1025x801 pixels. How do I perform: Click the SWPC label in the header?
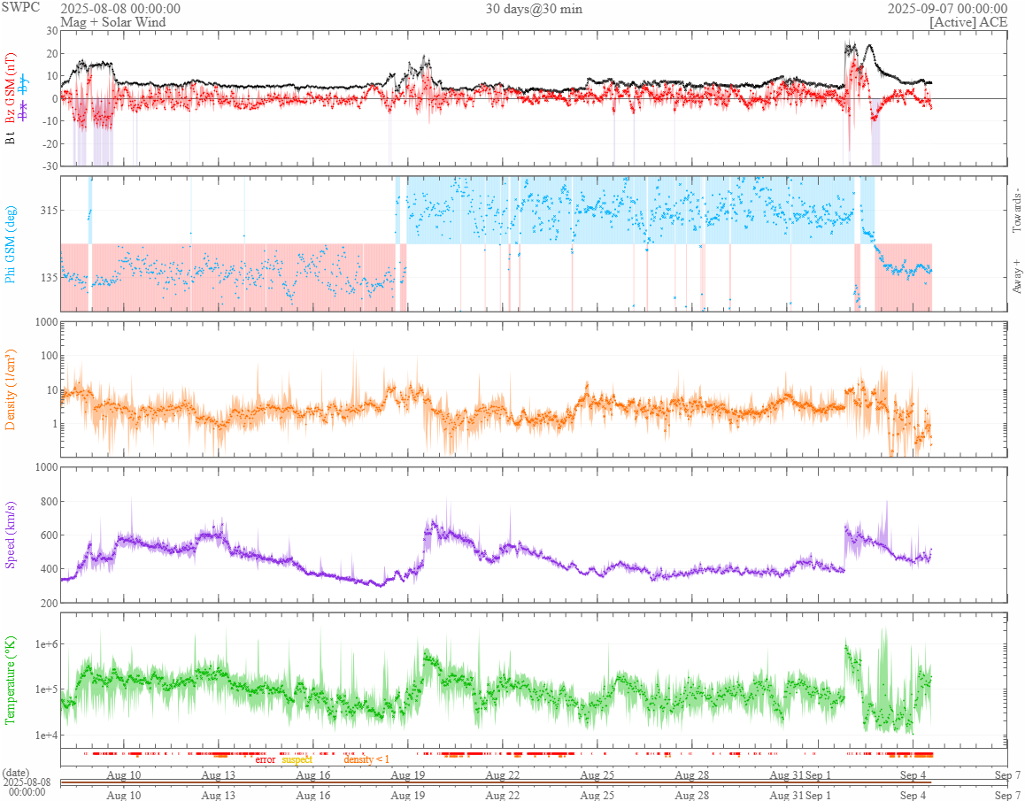pyautogui.click(x=19, y=8)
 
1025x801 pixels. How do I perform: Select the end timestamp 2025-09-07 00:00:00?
pyautogui.click(x=947, y=8)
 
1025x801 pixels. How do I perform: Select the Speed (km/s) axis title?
pyautogui.click(x=11, y=534)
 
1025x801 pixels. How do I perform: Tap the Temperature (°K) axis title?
pyautogui.click(x=11, y=680)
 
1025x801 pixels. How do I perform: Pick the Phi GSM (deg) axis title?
pyautogui.click(x=11, y=243)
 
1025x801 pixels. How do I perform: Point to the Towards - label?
pyautogui.click(x=1015, y=211)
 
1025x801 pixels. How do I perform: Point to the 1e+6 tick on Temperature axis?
pyautogui.click(x=43, y=643)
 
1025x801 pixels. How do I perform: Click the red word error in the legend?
pyautogui.click(x=265, y=759)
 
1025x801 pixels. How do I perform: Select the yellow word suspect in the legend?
pyautogui.click(x=297, y=759)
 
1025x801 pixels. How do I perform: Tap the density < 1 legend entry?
pyautogui.click(x=366, y=759)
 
